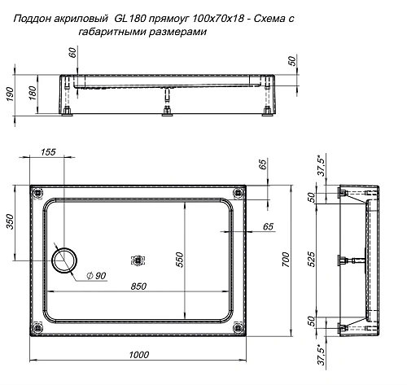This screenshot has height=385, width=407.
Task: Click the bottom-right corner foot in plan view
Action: pyautogui.click(x=239, y=328)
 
